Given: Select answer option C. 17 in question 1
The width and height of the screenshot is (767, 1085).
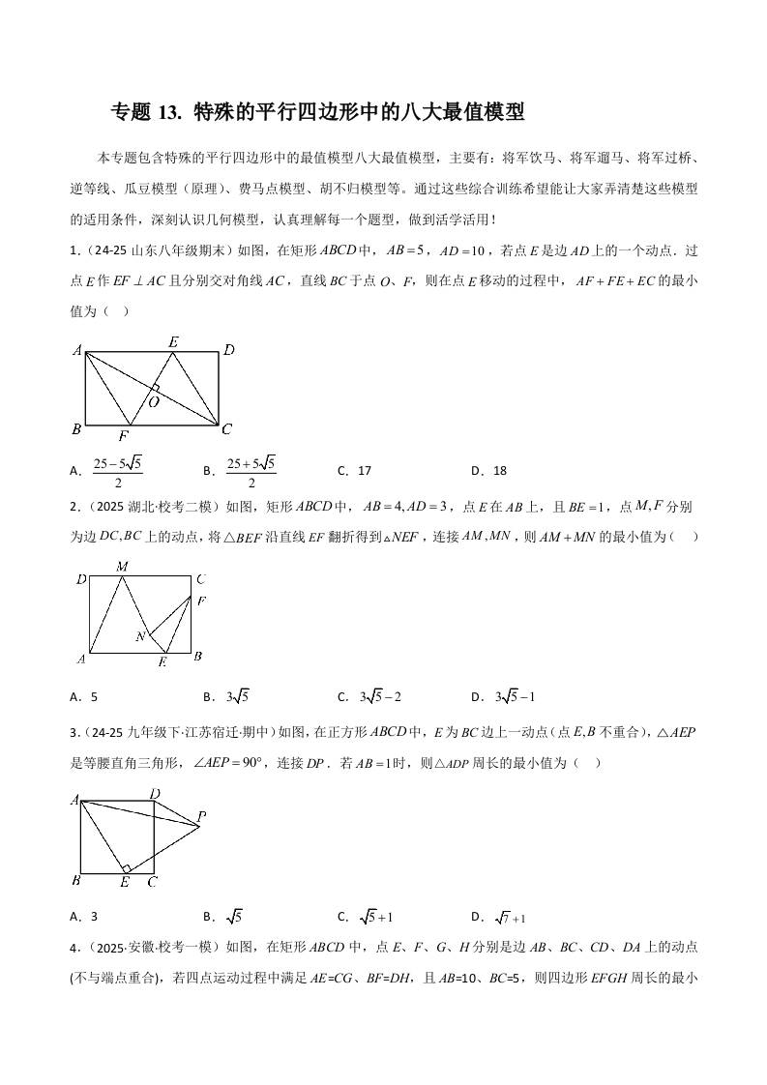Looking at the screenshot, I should coord(355,471).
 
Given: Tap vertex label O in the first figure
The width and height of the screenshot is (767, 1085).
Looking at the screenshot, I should coord(154,401).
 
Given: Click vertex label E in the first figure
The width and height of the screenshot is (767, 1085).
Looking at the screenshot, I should coord(173,341).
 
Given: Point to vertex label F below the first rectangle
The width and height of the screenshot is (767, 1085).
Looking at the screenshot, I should coord(124,435).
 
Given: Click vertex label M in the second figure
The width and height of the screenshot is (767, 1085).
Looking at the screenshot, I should coord(122,567).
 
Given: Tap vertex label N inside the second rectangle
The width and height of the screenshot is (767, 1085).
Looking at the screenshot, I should coord(140,636).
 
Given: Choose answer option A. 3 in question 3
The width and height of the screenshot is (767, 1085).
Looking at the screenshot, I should coord(85,917).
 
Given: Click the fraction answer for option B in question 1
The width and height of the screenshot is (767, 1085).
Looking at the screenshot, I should coord(251,472).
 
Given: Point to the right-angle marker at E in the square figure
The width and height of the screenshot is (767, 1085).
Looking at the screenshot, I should coord(126,867).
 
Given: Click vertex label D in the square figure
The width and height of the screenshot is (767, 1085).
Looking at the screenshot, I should coord(155,794).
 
